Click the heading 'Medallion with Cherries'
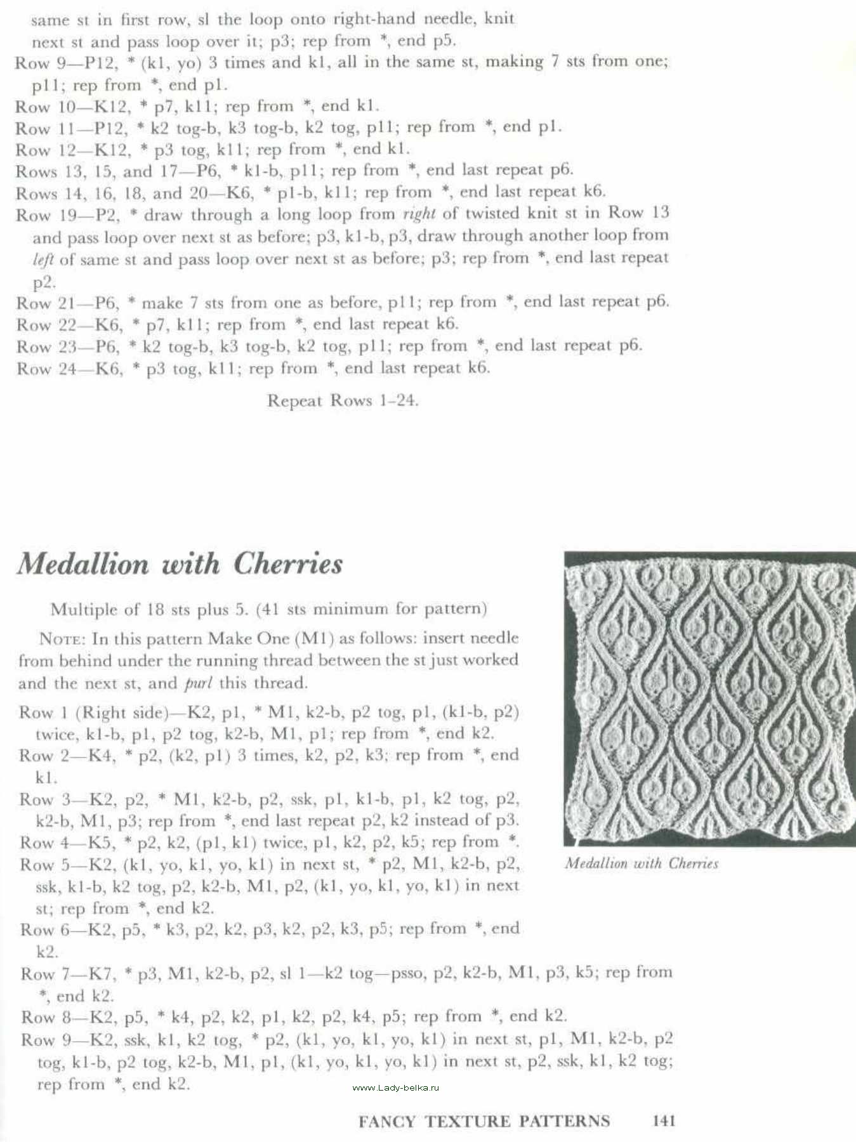point(180,564)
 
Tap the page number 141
point(663,1121)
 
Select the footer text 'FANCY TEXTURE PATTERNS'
point(484,1122)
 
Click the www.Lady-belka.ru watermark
point(395,1087)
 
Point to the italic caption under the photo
point(642,863)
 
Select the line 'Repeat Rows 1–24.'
point(343,401)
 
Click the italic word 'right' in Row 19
point(419,213)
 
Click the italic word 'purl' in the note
point(198,684)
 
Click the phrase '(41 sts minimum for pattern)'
point(371,609)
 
